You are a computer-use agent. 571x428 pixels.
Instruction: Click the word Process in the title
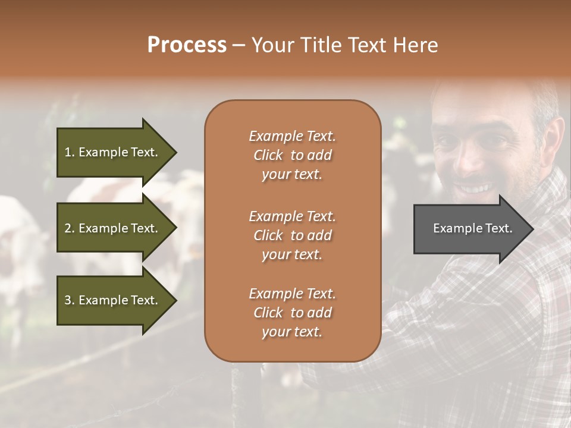coord(187,45)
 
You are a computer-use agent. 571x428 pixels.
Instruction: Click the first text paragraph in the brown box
coord(292,155)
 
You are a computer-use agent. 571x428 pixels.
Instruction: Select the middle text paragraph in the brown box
coord(292,235)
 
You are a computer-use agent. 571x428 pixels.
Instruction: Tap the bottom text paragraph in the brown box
coord(292,312)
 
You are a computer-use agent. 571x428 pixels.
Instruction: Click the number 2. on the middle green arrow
coord(70,228)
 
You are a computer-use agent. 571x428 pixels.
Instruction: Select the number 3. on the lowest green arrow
coord(70,300)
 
